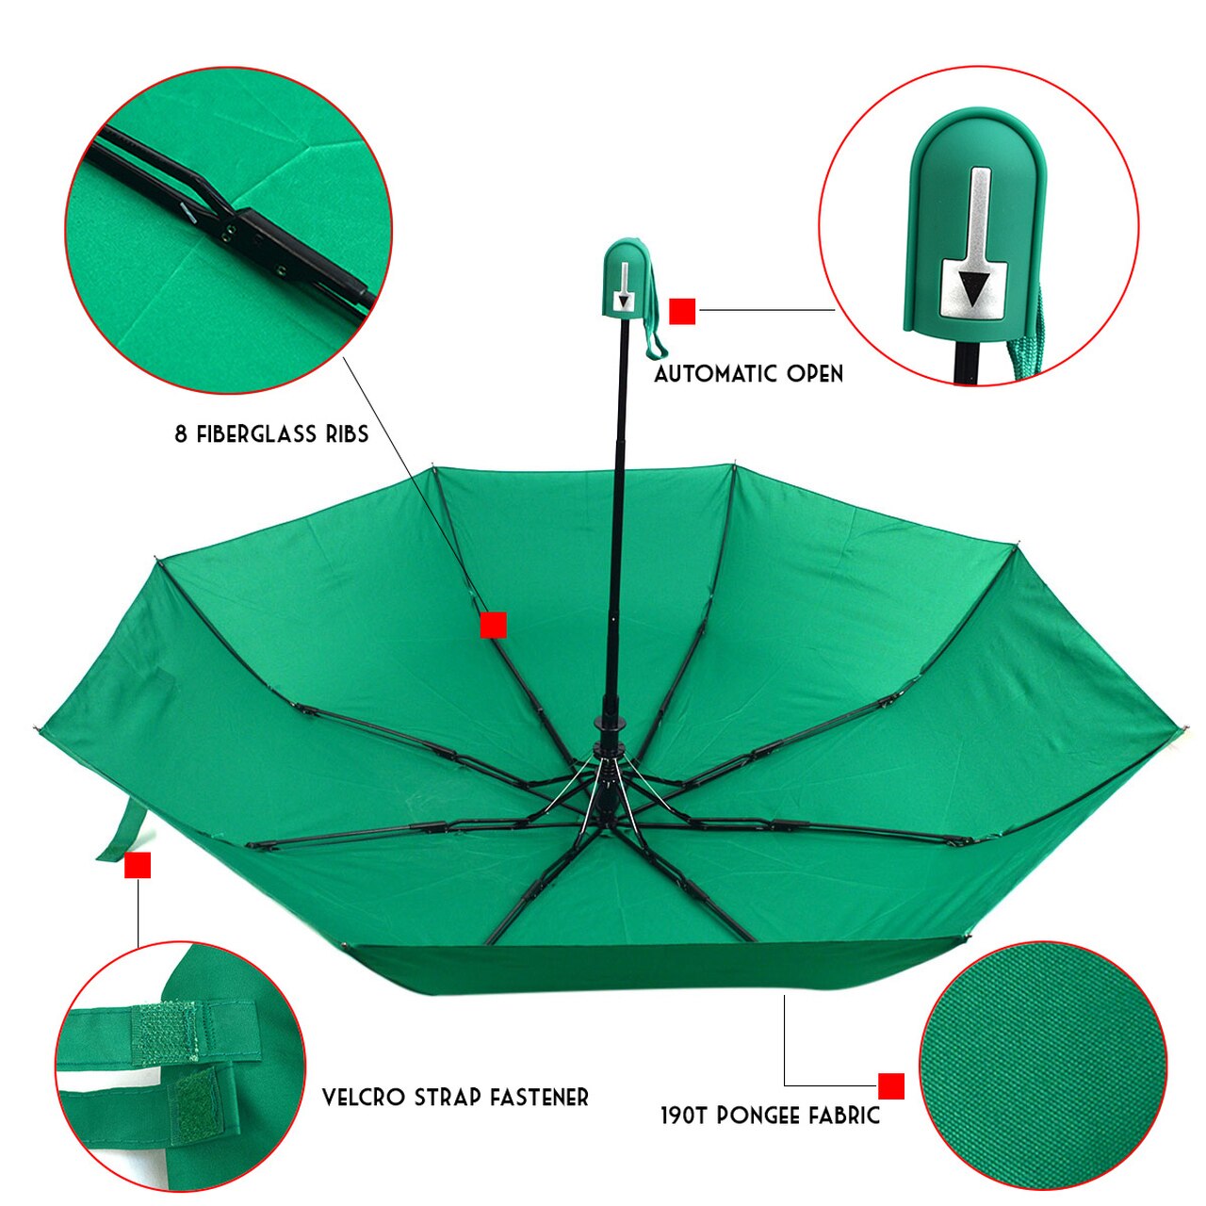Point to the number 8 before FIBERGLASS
[x=180, y=434]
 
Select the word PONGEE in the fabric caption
[x=759, y=1116]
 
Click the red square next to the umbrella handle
[x=682, y=311]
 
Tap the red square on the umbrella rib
[x=494, y=625]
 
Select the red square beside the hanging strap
[x=138, y=865]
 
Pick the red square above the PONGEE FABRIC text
[x=891, y=1085]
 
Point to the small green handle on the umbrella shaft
[x=625, y=279]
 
